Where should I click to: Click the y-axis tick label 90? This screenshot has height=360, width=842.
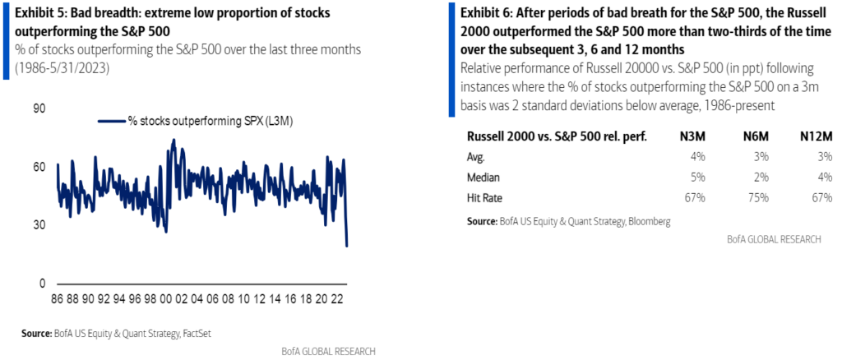pos(39,108)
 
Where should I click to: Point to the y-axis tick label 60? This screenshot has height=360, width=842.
pos(39,167)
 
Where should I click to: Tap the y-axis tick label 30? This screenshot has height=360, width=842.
pos(39,225)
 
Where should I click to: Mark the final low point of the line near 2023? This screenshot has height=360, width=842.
pos(347,245)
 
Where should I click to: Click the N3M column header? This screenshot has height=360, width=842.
pos(694,136)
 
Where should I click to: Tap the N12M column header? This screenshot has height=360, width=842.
pos(815,136)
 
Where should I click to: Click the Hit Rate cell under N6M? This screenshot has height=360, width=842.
pos(758,198)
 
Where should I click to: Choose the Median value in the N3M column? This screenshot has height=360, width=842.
pos(699,178)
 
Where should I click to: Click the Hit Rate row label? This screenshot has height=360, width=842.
pos(485,198)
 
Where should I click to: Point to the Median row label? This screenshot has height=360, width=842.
pos(484,178)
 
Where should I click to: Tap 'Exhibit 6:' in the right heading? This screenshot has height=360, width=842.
pos(490,12)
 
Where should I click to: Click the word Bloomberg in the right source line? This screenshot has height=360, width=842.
pos(646,221)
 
